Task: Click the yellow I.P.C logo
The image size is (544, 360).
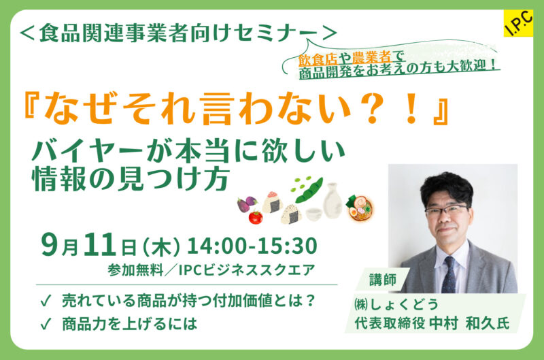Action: [x=518, y=23]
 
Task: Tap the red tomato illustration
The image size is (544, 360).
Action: [x=256, y=217]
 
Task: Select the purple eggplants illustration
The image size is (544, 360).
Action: [x=247, y=204]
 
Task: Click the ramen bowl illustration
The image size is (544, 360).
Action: [x=360, y=208]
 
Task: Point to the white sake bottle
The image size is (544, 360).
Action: [x=333, y=200]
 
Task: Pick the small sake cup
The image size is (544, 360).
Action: [x=314, y=214]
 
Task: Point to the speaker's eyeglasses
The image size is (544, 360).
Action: [x=447, y=210]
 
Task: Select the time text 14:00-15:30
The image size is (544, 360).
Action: [x=252, y=246]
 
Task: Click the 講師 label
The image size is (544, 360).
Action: [x=383, y=280]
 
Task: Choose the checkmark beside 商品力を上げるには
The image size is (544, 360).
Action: [x=46, y=323]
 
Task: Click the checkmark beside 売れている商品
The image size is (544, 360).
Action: [x=46, y=301]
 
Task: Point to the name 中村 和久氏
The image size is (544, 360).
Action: [x=469, y=324]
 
